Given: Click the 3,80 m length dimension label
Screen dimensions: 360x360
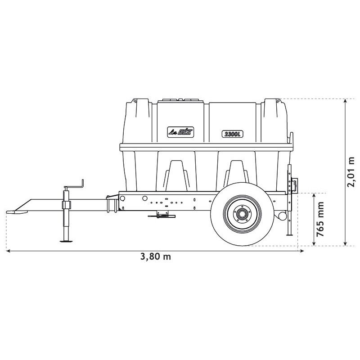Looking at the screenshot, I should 156,257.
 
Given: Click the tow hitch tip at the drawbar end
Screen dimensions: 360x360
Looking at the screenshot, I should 11,211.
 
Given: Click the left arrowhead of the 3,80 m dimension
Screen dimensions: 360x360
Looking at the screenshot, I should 8,251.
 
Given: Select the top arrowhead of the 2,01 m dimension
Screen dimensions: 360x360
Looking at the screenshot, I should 345,101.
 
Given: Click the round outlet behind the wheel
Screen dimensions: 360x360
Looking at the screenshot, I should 282,216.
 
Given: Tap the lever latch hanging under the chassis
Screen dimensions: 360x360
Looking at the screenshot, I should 161,216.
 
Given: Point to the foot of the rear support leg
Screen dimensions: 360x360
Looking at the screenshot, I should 290,234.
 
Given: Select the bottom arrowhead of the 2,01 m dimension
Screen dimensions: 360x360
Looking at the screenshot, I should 345,243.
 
